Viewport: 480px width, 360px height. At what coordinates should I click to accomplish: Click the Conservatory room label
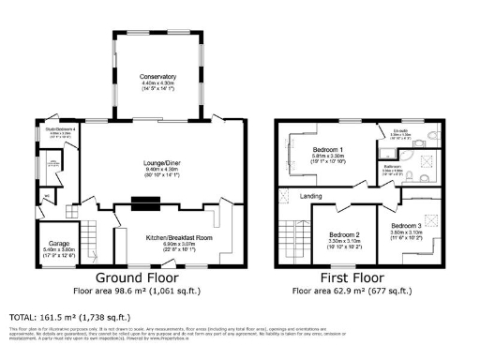(x=158, y=76)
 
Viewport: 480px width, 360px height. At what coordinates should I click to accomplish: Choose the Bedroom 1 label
(x=328, y=151)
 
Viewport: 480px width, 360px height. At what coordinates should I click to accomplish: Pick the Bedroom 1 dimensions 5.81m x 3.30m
(x=328, y=158)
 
